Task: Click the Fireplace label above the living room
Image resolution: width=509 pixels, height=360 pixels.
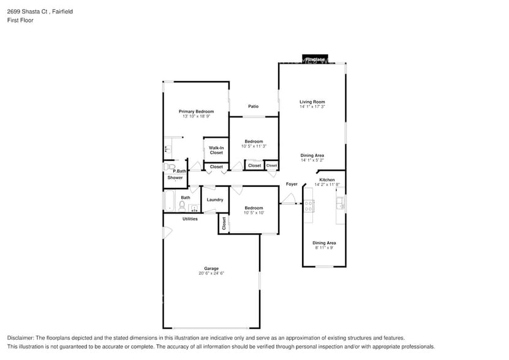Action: click(315, 59)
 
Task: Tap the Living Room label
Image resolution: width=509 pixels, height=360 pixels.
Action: click(312, 102)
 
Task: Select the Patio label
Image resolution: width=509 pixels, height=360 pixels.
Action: click(253, 107)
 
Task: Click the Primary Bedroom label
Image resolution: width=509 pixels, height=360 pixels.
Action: click(196, 111)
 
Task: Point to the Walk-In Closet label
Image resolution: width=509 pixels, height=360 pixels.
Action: click(216, 150)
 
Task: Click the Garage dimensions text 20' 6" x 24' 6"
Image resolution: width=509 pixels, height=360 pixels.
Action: click(211, 274)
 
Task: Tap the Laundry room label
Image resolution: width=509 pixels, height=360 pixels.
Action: click(215, 200)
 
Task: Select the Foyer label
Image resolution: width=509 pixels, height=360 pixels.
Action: click(292, 184)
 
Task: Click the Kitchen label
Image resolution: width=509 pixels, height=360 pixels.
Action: click(326, 180)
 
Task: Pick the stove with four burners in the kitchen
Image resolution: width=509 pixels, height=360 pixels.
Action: click(309, 206)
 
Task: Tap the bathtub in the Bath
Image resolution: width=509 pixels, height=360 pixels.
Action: click(170, 201)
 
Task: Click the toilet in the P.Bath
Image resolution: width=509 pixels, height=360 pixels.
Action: click(170, 166)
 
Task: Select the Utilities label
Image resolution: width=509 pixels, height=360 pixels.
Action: click(190, 219)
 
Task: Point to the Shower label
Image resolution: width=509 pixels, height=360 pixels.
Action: click(175, 178)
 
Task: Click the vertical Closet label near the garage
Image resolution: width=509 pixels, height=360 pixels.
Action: click(224, 223)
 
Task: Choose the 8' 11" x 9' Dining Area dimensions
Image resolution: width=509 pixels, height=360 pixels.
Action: click(324, 248)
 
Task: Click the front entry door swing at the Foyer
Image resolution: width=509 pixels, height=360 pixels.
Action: click(288, 199)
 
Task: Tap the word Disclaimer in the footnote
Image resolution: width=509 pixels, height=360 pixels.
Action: click(21, 338)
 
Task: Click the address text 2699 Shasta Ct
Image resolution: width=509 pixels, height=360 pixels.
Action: click(26, 10)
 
